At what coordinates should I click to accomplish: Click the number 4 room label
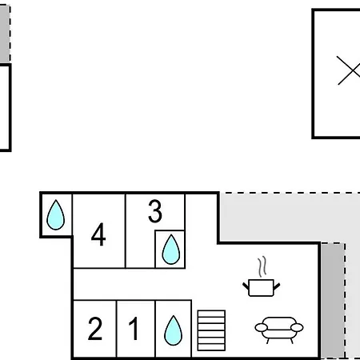[x=98, y=234]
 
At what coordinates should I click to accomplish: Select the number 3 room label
[x=155, y=211]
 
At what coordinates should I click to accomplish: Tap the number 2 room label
[x=95, y=329]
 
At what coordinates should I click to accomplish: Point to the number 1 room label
[x=134, y=329]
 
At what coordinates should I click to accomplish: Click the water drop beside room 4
[x=56, y=215]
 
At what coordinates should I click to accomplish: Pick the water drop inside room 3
[x=171, y=250]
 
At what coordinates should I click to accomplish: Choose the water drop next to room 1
[x=174, y=330]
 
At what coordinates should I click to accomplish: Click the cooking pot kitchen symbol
[x=262, y=287]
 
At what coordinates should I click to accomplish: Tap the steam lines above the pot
[x=262, y=266]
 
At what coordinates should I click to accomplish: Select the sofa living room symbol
[x=279, y=330]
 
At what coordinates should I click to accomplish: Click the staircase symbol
[x=211, y=330]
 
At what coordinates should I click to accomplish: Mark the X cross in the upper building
[x=349, y=70]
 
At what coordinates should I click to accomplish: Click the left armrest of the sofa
[x=261, y=327]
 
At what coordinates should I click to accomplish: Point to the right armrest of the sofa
[x=297, y=327]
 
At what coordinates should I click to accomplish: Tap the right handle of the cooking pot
[x=277, y=286]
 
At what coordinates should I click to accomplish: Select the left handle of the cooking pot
[x=246, y=286]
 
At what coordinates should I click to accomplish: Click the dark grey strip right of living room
[x=333, y=301]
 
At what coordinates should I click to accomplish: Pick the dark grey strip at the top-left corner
[x=5, y=34]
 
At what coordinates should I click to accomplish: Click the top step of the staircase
[x=211, y=314]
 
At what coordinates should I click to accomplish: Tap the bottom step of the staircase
[x=211, y=347]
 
